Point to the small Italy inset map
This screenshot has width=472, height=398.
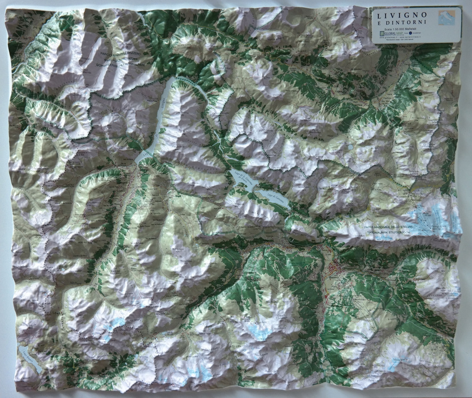click(x=447, y=18)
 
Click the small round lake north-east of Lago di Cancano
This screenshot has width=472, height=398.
click(x=351, y=147)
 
